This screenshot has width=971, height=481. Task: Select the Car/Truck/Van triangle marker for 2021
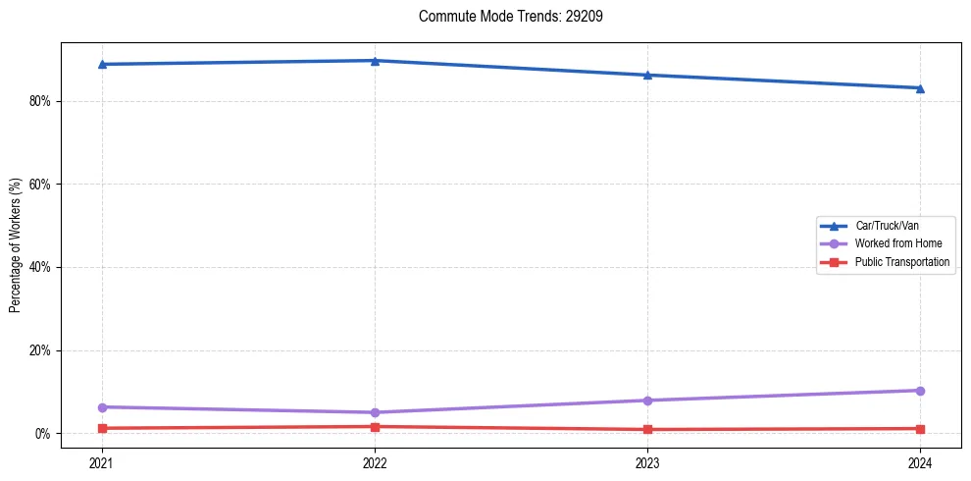[x=102, y=64]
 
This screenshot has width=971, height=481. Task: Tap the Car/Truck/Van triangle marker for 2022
[x=375, y=61]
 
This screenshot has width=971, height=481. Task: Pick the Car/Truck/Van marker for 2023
[x=647, y=75]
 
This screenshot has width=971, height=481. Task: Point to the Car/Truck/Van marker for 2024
[x=920, y=88]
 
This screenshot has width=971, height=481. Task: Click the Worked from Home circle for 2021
[x=102, y=406]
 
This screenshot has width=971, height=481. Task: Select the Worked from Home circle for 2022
[x=375, y=412]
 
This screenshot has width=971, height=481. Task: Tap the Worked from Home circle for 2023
[x=647, y=401]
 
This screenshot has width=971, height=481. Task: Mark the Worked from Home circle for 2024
[x=920, y=391]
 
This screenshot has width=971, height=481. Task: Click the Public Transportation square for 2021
[x=102, y=428]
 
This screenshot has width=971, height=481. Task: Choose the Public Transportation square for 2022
[x=375, y=426]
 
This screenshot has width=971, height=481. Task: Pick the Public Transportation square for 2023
[x=647, y=429]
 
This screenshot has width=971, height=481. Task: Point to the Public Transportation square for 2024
[x=920, y=428]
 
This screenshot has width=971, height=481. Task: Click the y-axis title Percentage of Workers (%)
[x=16, y=245]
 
